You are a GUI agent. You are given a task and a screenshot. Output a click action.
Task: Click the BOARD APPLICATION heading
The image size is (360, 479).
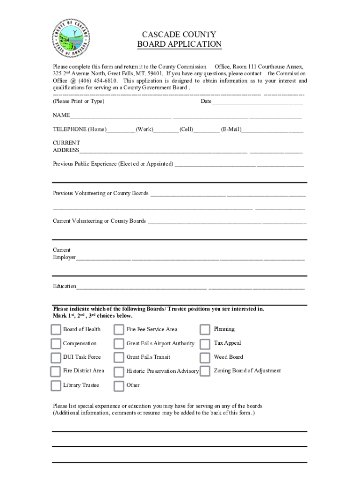click(x=179, y=44)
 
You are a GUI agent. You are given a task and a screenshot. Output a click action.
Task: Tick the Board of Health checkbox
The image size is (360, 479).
click(x=56, y=330)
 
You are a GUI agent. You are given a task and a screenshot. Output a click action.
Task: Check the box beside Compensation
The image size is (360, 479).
click(x=56, y=344)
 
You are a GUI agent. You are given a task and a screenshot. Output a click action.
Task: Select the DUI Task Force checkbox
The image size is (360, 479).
click(x=56, y=358)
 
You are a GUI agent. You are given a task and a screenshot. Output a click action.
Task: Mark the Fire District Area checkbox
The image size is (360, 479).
click(x=56, y=371)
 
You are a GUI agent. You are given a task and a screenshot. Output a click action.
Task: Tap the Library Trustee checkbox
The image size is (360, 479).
click(x=56, y=386)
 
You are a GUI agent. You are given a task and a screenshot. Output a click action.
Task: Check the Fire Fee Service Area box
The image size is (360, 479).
click(x=119, y=330)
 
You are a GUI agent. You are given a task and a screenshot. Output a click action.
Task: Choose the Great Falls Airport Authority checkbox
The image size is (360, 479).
click(x=119, y=344)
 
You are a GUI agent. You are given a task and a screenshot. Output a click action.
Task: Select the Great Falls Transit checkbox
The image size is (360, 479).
click(x=119, y=358)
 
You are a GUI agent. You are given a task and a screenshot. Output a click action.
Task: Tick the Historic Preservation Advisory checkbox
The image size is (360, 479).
click(x=119, y=372)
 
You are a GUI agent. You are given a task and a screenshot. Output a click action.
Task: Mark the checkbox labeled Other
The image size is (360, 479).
click(x=119, y=386)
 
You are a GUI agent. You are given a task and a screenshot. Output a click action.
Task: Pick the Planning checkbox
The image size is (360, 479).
click(x=205, y=330)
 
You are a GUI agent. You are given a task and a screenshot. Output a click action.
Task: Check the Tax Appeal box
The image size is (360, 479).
click(x=205, y=344)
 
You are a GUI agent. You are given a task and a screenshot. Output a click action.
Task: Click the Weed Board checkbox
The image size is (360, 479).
click(x=205, y=358)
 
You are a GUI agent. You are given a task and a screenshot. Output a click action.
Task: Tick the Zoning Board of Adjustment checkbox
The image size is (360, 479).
click(x=205, y=371)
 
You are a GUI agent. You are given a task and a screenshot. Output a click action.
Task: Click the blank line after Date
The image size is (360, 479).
click(x=257, y=102)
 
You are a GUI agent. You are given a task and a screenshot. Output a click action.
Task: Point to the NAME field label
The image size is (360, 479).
click(x=61, y=115)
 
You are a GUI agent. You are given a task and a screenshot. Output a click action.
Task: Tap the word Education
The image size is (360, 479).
click(x=65, y=286)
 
